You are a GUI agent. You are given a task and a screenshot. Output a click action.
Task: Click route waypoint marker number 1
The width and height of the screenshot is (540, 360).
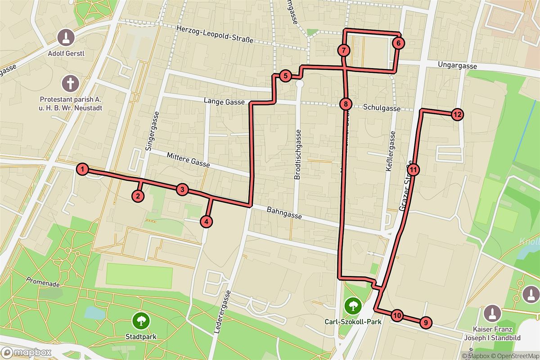click(x=82, y=169)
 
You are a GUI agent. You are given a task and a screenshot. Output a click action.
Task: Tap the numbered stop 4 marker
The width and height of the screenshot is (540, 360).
click(x=206, y=221)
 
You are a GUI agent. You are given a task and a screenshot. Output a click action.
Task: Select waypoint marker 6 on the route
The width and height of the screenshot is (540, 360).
click(x=398, y=43)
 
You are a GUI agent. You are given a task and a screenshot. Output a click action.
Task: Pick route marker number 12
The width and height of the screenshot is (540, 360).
click(x=457, y=114)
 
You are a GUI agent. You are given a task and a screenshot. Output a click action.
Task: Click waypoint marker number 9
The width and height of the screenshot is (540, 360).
click(x=425, y=323)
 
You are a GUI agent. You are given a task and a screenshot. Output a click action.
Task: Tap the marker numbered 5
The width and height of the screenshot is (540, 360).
click(x=285, y=76)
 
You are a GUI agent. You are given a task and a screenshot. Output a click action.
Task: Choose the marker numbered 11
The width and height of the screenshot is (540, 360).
click(x=414, y=170)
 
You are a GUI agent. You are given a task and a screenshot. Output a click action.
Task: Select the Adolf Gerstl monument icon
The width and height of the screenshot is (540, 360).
click(x=67, y=37)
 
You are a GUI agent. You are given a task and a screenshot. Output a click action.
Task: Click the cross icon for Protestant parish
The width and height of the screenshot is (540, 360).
click(x=71, y=83)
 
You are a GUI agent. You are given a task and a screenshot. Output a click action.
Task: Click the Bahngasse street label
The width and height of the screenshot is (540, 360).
click(x=284, y=213)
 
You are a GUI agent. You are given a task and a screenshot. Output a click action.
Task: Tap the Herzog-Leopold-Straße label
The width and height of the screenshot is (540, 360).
click(x=215, y=34)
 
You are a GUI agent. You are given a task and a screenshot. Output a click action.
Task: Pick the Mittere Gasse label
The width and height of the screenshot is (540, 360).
click(x=188, y=160)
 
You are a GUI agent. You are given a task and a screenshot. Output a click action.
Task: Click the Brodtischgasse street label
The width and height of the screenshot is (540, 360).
click(x=297, y=155)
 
